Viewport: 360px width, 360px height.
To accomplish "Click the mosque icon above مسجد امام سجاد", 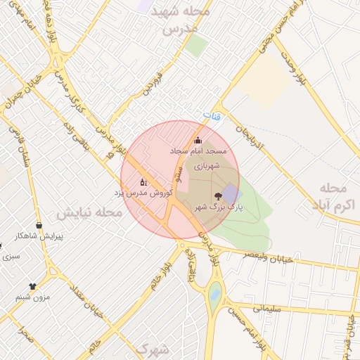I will click(198, 139).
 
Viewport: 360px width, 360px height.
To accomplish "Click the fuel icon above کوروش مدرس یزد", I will click(143, 181).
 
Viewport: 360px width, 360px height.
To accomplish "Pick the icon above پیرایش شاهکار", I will click(39, 225).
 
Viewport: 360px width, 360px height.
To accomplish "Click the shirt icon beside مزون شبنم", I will click(32, 286).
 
